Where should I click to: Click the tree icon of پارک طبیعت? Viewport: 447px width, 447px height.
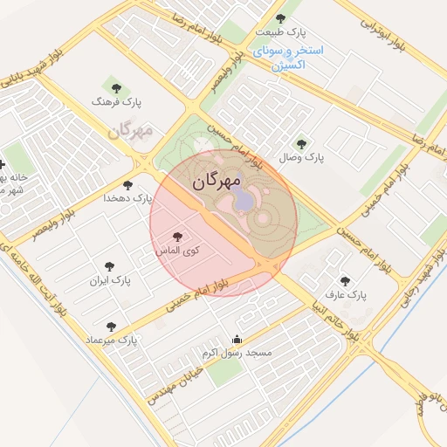280,17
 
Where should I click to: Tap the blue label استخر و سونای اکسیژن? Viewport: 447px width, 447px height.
288,58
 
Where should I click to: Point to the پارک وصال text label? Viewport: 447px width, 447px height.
301,158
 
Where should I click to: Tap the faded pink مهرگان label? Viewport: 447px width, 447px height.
131,132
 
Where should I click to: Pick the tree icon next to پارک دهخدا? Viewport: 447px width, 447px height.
128,185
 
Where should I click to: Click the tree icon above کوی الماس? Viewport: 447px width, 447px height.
179,236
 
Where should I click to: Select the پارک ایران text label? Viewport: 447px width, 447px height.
110,281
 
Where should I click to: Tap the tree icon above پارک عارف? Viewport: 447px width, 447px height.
345,281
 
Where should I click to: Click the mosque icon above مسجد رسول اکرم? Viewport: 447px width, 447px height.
237,340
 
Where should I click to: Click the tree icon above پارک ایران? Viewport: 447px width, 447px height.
109,266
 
